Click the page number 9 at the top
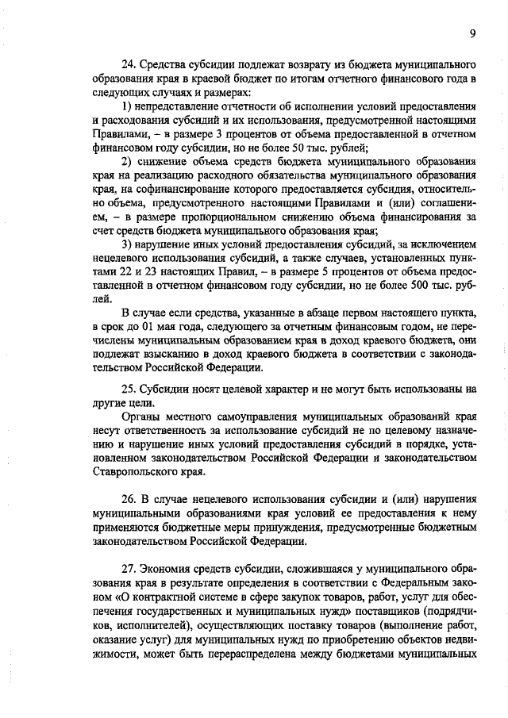coord(472,33)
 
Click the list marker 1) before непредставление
coord(127,106)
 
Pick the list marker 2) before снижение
coord(127,162)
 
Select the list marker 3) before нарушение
coord(127,244)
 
